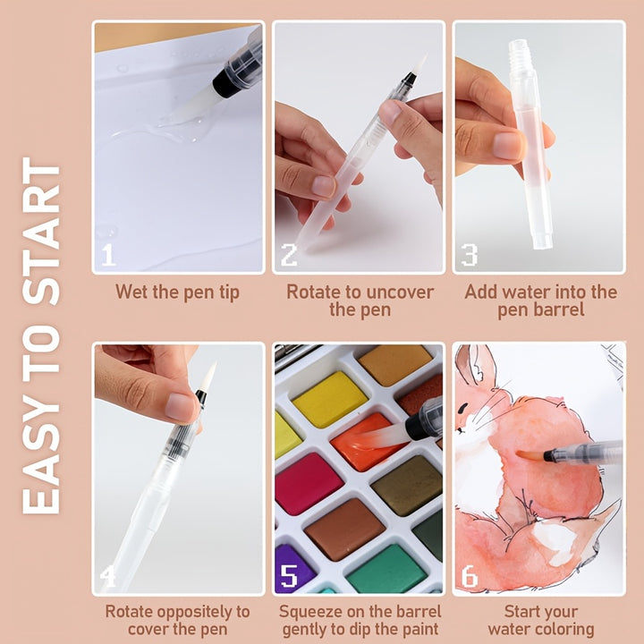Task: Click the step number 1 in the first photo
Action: click(x=108, y=255)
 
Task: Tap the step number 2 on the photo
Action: click(x=289, y=255)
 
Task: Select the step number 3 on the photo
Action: click(x=469, y=255)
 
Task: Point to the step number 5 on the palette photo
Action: click(x=289, y=575)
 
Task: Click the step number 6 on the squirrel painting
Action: click(x=470, y=575)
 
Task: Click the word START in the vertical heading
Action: click(x=41, y=232)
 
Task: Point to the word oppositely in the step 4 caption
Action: click(x=199, y=613)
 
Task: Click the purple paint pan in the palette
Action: click(x=292, y=569)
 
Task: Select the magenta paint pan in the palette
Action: click(x=307, y=484)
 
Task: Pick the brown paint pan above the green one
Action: click(x=344, y=529)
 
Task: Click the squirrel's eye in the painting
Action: click(x=463, y=409)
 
